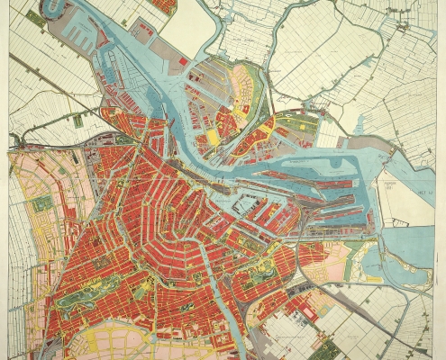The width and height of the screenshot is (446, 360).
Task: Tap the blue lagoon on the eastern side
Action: tap(370, 261)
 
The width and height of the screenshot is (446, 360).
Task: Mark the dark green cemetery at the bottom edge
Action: tap(329, 351)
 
